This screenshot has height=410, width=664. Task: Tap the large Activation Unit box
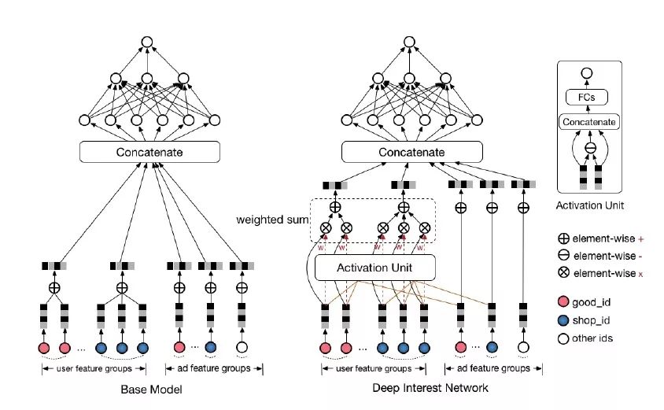(x=374, y=268)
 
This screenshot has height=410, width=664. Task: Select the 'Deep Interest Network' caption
(x=430, y=388)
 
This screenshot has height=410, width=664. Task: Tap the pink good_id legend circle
(x=563, y=302)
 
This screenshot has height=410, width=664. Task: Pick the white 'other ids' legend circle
(x=563, y=338)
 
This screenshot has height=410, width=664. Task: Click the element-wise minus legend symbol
(x=563, y=254)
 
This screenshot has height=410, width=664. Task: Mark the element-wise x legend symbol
(x=563, y=272)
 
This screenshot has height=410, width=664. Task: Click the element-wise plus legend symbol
(x=563, y=237)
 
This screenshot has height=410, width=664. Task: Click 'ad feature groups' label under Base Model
(x=208, y=368)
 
